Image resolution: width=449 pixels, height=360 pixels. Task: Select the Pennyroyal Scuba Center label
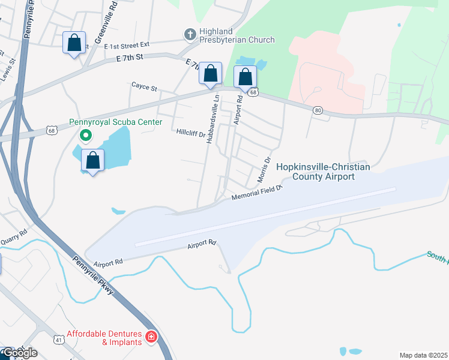click(116, 122)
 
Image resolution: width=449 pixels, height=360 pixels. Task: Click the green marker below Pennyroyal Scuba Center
click(86, 136)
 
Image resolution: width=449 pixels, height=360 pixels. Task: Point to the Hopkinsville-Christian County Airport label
click(323, 172)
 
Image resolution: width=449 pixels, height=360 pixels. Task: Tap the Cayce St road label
click(144, 87)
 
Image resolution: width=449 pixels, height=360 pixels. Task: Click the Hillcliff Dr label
click(190, 131)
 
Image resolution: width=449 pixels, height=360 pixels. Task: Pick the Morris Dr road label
click(264, 170)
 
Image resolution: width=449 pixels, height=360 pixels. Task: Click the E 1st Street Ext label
click(126, 45)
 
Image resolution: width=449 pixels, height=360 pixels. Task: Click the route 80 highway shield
click(318, 110)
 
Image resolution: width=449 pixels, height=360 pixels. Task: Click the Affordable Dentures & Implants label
click(104, 338)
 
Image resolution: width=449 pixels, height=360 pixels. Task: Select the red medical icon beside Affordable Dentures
click(151, 337)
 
